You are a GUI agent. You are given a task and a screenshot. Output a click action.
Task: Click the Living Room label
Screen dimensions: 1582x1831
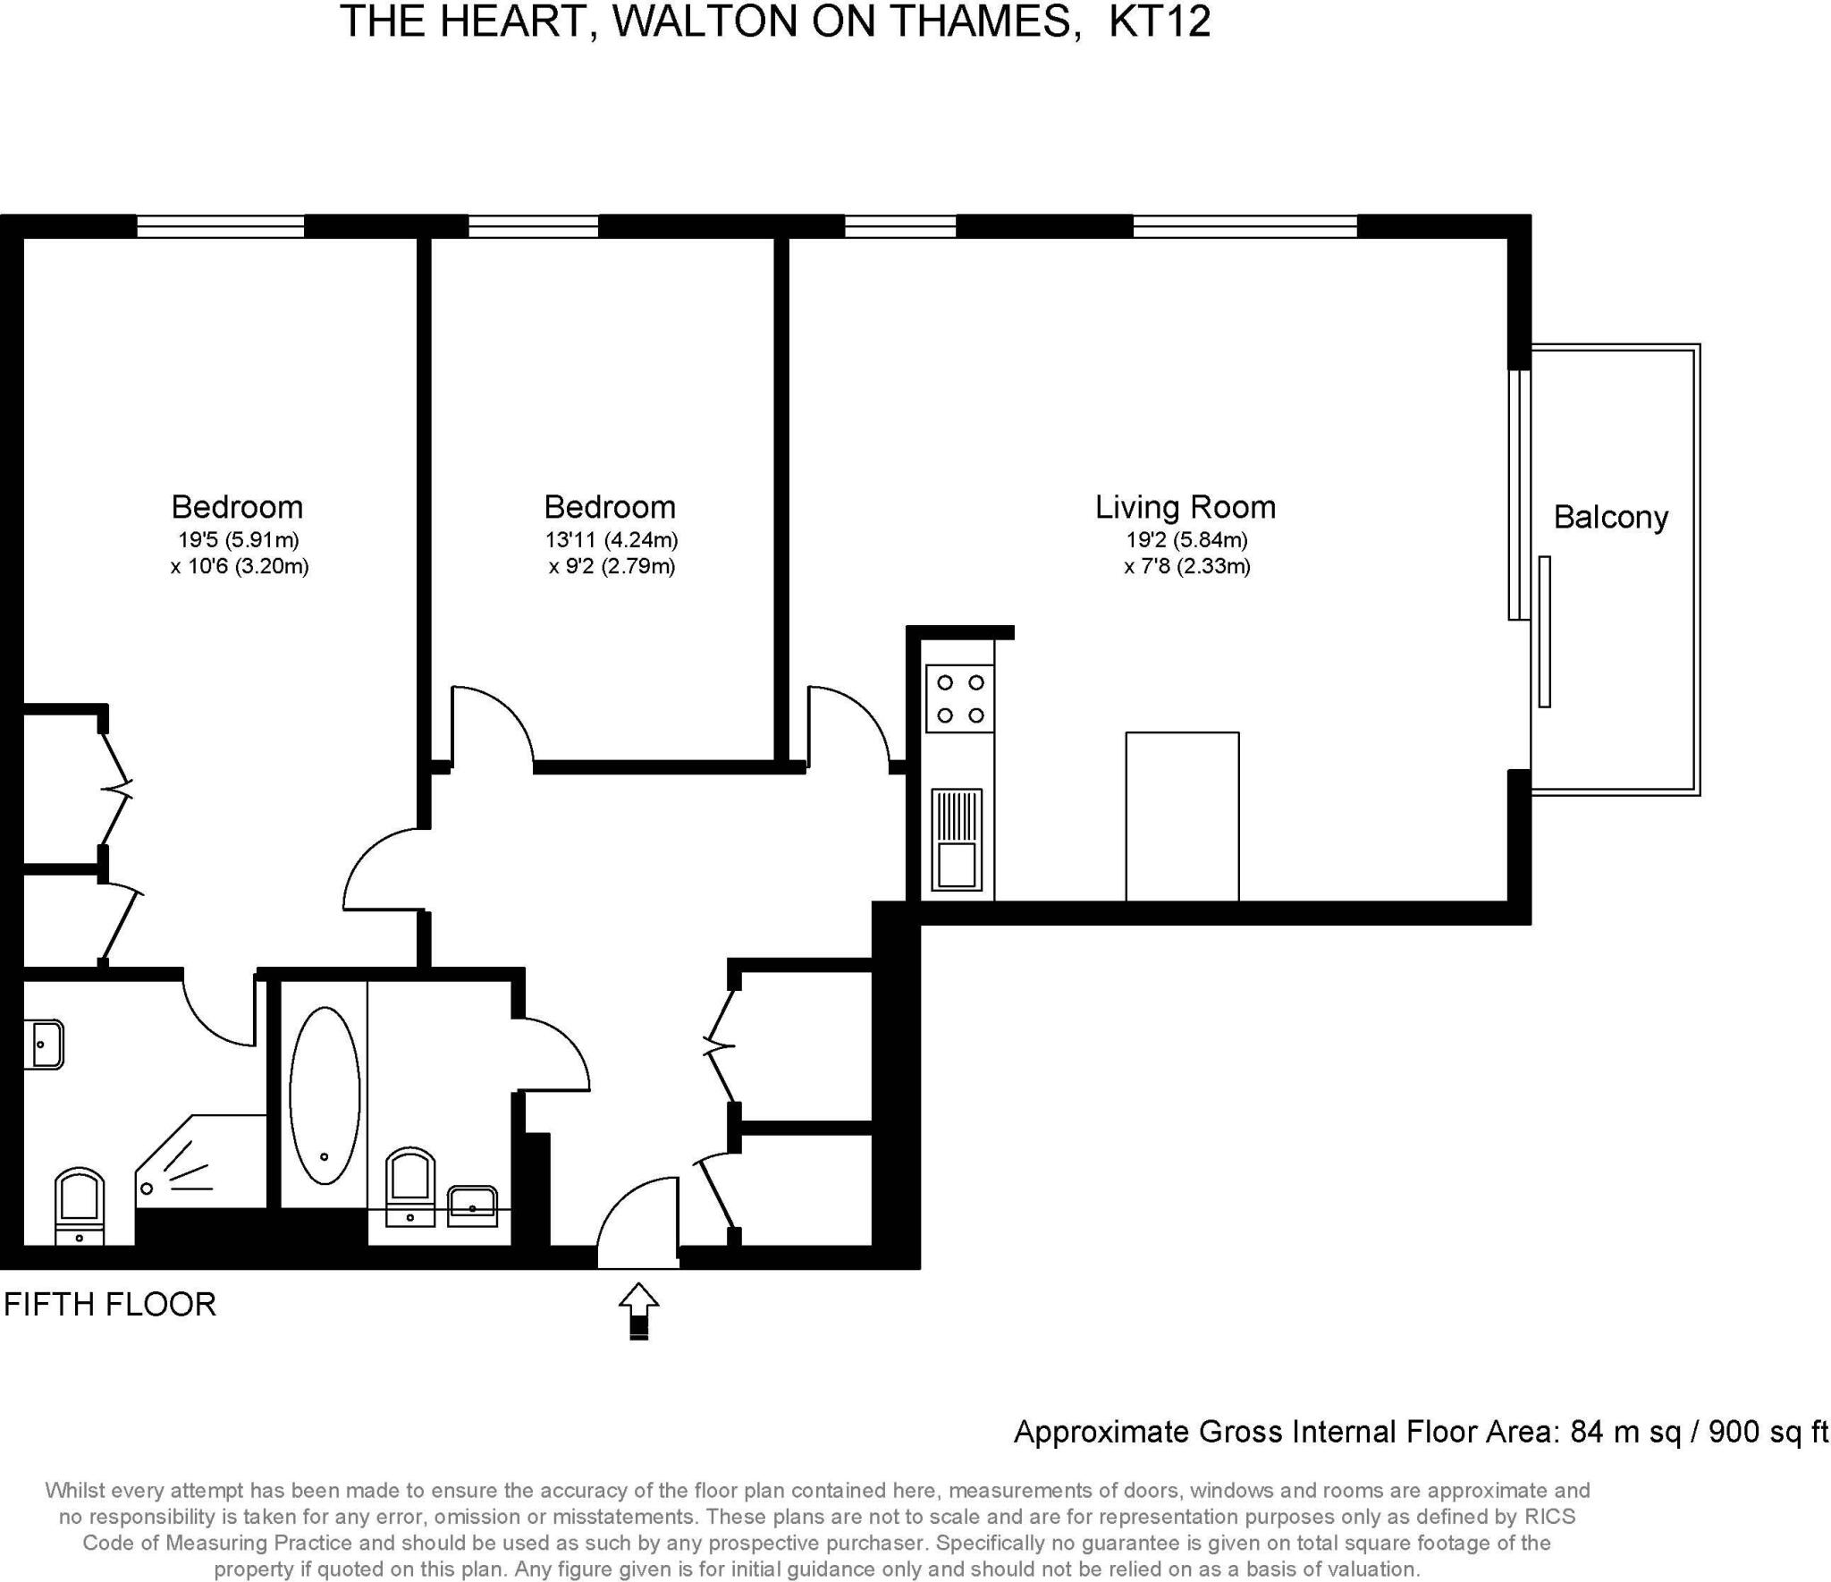click(x=1185, y=507)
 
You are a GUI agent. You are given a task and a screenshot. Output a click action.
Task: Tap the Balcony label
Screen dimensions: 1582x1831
click(x=1610, y=517)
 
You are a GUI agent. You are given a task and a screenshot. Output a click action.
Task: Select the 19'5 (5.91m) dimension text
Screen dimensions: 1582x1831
click(x=238, y=540)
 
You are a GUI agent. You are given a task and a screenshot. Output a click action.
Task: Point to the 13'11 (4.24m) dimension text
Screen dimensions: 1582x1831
click(x=612, y=540)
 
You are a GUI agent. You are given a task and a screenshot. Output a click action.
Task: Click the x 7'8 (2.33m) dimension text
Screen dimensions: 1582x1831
click(x=1186, y=566)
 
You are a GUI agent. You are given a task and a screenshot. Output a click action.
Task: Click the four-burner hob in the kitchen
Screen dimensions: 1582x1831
click(x=960, y=698)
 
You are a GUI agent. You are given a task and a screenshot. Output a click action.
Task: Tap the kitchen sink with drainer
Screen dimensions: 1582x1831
click(x=957, y=839)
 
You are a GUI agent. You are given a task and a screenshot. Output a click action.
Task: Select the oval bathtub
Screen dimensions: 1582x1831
click(x=325, y=1095)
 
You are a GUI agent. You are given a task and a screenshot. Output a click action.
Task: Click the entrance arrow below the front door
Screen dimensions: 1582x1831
click(x=638, y=1310)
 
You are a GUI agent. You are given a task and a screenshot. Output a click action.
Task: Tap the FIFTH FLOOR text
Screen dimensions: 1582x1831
click(x=110, y=1305)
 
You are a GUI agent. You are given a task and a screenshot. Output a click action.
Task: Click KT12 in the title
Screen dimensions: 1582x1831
click(x=1160, y=21)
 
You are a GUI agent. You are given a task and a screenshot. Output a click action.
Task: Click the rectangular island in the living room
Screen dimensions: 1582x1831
click(x=1182, y=816)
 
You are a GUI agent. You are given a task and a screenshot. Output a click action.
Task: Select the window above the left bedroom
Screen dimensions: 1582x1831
click(x=220, y=226)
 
